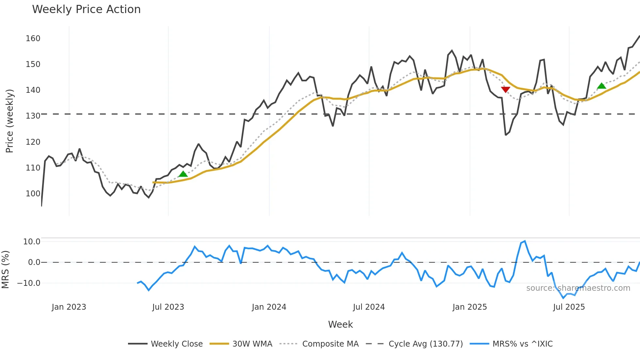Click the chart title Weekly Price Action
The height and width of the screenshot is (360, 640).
(x=86, y=9)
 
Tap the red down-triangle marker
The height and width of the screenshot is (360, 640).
(x=505, y=90)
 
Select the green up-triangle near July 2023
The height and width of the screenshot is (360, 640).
(x=183, y=174)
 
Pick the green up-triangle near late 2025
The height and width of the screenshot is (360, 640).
(x=601, y=86)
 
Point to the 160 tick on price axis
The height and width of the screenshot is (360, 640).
(x=33, y=39)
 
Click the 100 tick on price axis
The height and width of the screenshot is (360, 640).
(x=33, y=193)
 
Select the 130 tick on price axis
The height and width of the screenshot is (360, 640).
(x=33, y=116)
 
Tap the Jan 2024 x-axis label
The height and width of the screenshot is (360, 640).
(x=269, y=307)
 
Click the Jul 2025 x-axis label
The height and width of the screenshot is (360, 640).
(x=569, y=307)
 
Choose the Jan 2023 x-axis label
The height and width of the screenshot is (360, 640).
(x=69, y=307)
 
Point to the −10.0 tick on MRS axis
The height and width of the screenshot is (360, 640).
(x=29, y=283)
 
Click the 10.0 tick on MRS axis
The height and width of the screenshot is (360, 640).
(x=32, y=242)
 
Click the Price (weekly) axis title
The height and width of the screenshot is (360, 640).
(x=9, y=121)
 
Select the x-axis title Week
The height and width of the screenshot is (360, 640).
(x=340, y=324)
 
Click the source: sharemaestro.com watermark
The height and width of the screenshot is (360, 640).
(x=578, y=288)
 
